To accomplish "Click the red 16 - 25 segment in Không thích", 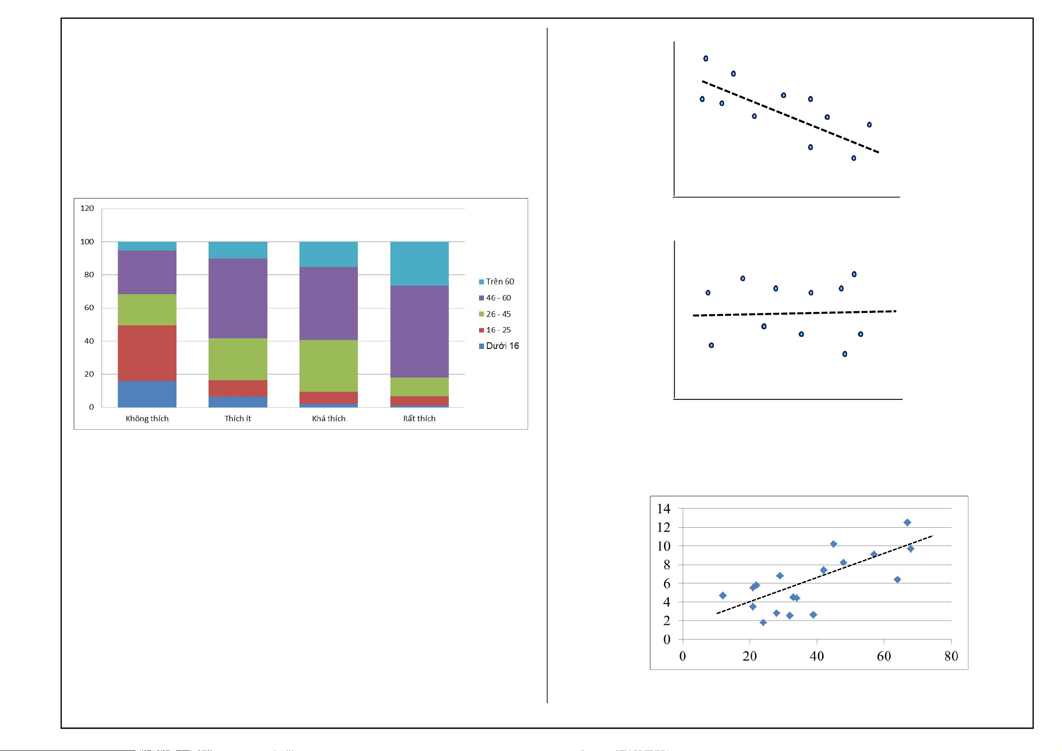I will [x=147, y=353].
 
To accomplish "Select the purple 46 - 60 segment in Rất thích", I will [x=419, y=331].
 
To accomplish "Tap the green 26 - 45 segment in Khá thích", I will [x=328, y=365].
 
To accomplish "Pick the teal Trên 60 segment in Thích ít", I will [x=238, y=250].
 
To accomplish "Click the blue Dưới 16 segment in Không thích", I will [x=147, y=394].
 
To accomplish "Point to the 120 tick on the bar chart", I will [x=87, y=208].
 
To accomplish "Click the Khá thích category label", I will [x=328, y=419].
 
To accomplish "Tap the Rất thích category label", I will [x=419, y=419].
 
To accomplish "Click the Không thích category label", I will [x=147, y=419].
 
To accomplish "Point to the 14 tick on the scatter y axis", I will [x=663, y=509].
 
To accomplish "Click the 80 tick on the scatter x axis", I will [x=951, y=656].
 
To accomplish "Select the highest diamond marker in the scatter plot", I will [x=907, y=522].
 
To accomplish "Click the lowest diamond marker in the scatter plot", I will [x=763, y=622].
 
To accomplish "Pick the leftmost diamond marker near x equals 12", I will [x=722, y=595].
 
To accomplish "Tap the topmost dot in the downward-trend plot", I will [x=706, y=59].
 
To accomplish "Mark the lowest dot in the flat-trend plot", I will [x=845, y=354].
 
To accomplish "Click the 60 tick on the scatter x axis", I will [x=883, y=656].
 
